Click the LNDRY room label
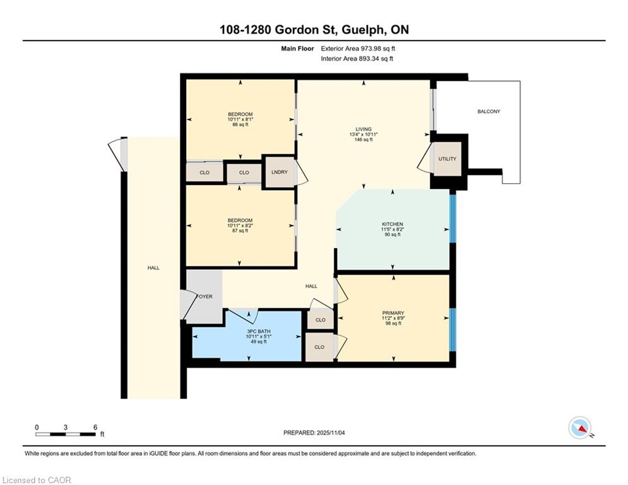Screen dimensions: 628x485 tap(280, 172)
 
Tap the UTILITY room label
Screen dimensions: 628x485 tap(447, 159)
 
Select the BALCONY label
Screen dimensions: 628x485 tap(489, 111)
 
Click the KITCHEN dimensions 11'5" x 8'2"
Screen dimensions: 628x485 tap(393, 229)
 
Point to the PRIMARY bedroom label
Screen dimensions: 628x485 tap(393, 313)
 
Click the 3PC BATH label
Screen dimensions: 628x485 tap(259, 332)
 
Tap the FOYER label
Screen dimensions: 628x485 tap(204, 297)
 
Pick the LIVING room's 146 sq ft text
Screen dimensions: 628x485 tap(364, 140)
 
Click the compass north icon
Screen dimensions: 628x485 tap(580, 428)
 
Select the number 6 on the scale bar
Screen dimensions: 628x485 tap(95, 428)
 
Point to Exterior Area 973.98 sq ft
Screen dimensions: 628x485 tap(358, 49)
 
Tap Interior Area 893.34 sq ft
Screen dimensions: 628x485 tap(357, 59)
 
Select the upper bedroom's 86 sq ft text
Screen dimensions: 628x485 tap(240, 124)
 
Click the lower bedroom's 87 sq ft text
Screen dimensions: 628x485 tap(240, 231)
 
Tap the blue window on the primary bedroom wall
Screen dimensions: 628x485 tap(453, 330)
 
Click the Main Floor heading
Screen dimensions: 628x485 tap(297, 49)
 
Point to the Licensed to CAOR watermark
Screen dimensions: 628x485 tap(37, 480)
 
